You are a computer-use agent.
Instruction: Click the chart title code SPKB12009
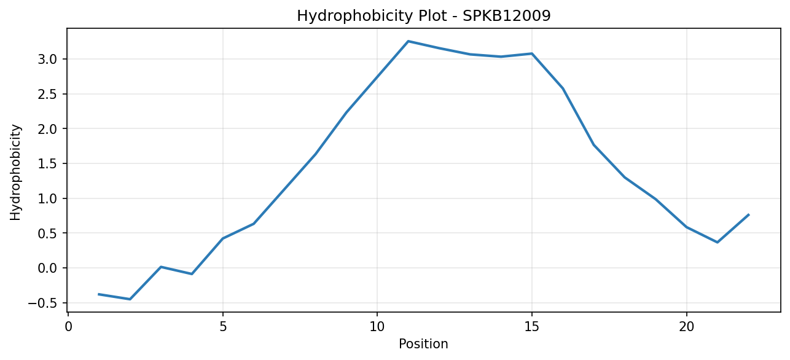pos(506,16)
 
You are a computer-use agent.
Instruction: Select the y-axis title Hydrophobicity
pos(15,173)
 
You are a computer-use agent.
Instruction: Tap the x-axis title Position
pos(423,344)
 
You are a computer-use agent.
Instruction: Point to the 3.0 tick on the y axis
pos(47,59)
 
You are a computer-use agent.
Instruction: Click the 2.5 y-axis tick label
pos(47,94)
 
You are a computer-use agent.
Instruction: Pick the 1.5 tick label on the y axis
pos(47,163)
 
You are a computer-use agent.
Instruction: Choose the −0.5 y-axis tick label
pos(42,303)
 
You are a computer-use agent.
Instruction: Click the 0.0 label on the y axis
pos(47,268)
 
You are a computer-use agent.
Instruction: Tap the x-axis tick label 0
pos(68,327)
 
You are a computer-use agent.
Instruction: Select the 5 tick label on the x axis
pos(223,327)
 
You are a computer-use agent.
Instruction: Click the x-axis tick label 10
pos(377,327)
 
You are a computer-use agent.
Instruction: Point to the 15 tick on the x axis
pos(532,327)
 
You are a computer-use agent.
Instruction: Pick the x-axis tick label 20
pos(686,327)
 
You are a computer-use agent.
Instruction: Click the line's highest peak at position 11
pos(408,41)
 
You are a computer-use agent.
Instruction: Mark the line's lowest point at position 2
pos(130,299)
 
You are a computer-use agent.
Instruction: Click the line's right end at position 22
pos(748,214)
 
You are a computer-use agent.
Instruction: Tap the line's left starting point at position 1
pos(99,294)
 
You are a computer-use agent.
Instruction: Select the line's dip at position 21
pos(718,242)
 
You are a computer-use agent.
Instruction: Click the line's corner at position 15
pos(532,53)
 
